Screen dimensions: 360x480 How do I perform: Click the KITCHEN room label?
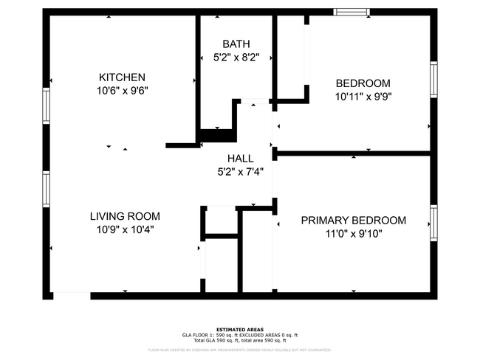pyautogui.click(x=122, y=77)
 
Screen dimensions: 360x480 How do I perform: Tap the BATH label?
pyautogui.click(x=236, y=44)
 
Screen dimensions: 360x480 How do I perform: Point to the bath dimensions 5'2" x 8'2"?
pyautogui.click(x=236, y=57)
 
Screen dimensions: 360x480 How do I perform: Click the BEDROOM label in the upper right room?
pyautogui.click(x=363, y=83)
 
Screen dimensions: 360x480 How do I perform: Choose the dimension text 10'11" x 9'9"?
pyautogui.click(x=363, y=96)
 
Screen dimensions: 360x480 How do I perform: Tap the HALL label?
pyautogui.click(x=240, y=159)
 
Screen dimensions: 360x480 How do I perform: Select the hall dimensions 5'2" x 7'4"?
pyautogui.click(x=240, y=171)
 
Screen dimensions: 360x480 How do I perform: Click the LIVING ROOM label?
pyautogui.click(x=125, y=217)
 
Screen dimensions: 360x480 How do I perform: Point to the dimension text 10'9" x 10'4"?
pyautogui.click(x=125, y=229)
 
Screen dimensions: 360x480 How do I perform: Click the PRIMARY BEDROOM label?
pyautogui.click(x=353, y=221)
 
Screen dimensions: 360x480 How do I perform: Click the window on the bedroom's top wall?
pyautogui.click(x=352, y=12)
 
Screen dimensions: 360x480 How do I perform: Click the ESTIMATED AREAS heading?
pyautogui.click(x=240, y=329)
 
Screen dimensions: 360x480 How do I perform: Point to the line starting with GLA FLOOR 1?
pyautogui.click(x=240, y=334)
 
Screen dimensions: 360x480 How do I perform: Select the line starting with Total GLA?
pyautogui.click(x=240, y=339)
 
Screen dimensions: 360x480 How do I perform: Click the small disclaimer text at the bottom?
pyautogui.click(x=240, y=350)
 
